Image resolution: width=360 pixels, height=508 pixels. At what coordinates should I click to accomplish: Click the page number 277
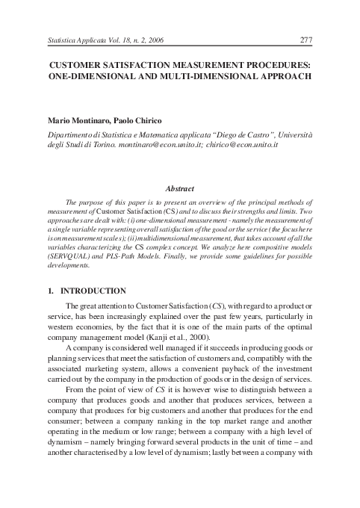(305, 40)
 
